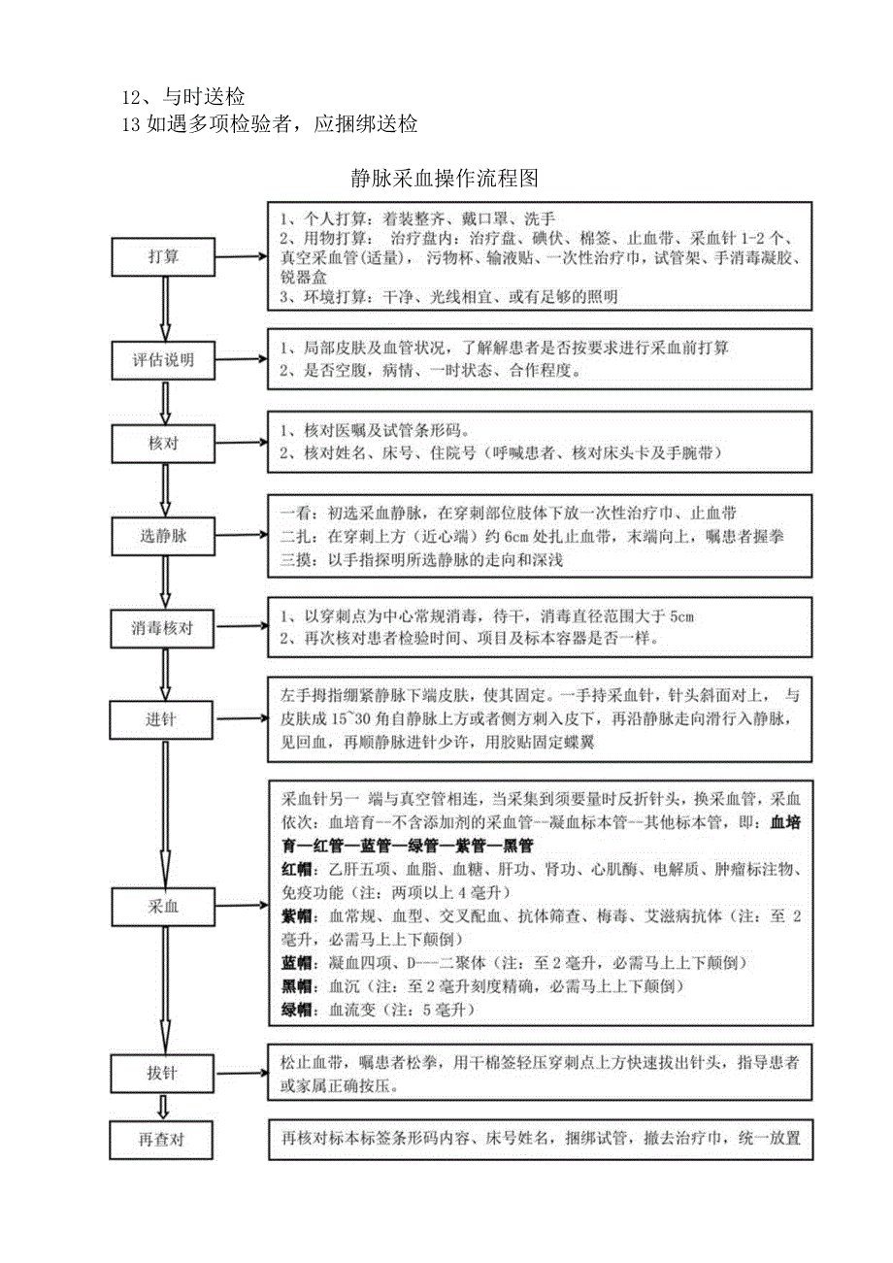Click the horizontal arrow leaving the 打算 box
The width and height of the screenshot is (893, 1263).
pyautogui.click(x=242, y=258)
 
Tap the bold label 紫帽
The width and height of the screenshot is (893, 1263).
pyautogui.click(x=296, y=916)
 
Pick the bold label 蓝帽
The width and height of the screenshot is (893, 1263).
pyautogui.click(x=296, y=963)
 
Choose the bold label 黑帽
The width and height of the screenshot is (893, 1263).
pyautogui.click(x=296, y=986)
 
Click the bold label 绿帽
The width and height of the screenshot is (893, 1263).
pyautogui.click(x=296, y=1011)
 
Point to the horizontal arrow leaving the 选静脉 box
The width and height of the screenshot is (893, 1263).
pyautogui.click(x=242, y=535)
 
